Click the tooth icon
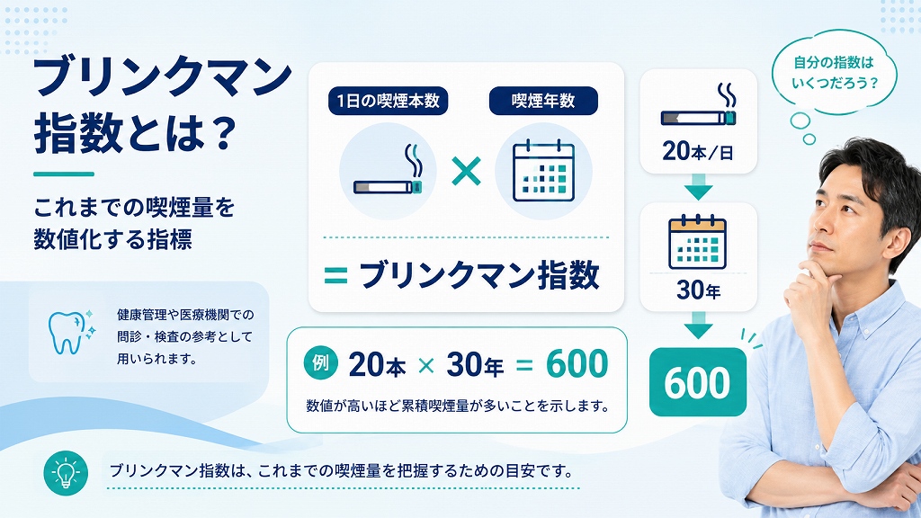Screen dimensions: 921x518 click(67, 333)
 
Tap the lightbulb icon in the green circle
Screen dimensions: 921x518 click(66, 473)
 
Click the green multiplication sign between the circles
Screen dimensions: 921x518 click(466, 172)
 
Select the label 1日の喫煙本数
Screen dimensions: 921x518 click(388, 101)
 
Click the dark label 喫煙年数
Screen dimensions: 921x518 click(543, 101)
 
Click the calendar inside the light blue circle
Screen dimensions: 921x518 click(543, 172)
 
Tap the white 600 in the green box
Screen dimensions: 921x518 click(697, 383)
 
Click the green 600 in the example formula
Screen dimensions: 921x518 click(577, 363)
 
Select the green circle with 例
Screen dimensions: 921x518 click(321, 363)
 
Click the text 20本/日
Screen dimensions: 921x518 click(698, 151)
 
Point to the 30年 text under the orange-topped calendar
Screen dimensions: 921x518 click(698, 290)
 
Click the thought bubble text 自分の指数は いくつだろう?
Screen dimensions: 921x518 click(834, 72)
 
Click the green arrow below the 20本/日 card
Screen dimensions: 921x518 click(698, 186)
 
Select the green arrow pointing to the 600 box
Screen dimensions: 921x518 click(698, 325)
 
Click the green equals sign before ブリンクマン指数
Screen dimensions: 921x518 click(336, 275)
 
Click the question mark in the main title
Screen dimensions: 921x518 click(222, 134)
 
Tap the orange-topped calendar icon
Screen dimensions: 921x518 click(698, 242)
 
